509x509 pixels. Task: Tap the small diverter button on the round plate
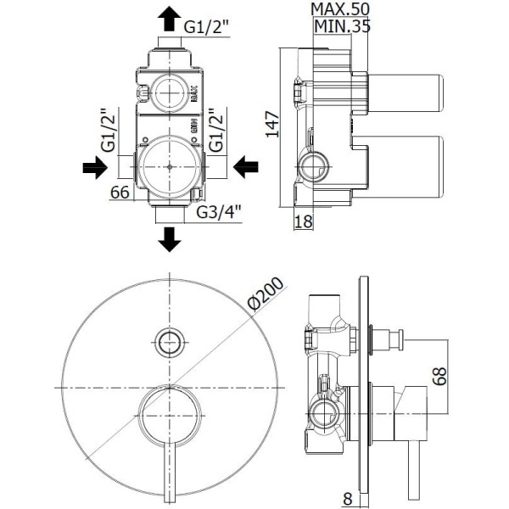[171, 342]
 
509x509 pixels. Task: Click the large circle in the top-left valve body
[171, 167]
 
